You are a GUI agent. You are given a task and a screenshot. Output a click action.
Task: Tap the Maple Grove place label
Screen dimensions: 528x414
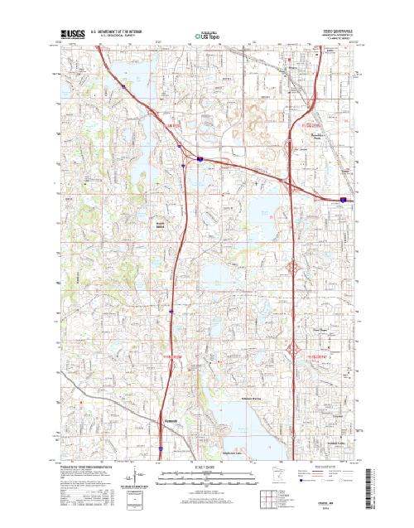[161, 225]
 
